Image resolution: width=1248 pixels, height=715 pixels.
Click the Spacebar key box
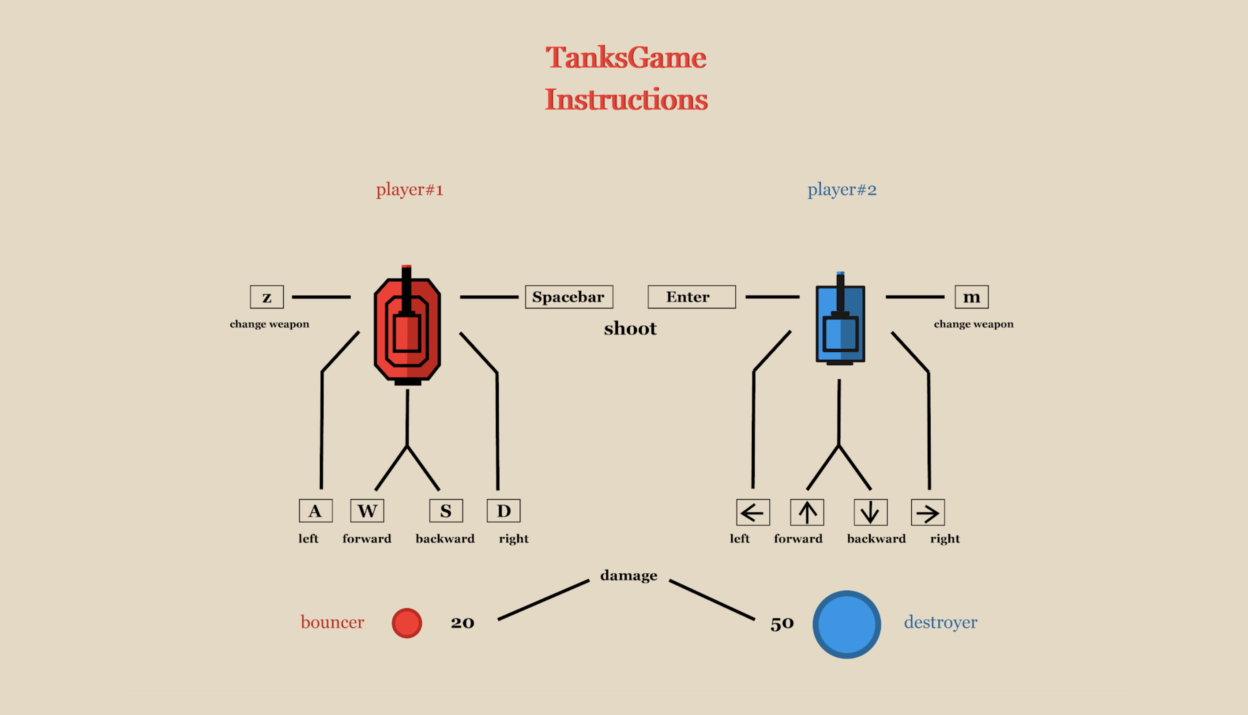[x=569, y=297]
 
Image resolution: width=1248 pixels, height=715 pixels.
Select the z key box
[x=267, y=297]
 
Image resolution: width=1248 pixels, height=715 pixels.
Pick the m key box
[x=971, y=297]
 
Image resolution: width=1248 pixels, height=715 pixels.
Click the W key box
[x=367, y=511]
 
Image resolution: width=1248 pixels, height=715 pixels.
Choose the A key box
[x=315, y=511]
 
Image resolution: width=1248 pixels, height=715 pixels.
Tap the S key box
[x=446, y=511]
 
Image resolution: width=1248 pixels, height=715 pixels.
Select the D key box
[x=503, y=511]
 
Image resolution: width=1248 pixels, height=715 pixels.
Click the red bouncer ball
[x=406, y=623]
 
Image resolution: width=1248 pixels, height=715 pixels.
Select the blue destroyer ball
[x=846, y=625]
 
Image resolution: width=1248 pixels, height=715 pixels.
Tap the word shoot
[x=630, y=328]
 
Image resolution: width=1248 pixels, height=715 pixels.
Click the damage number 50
[x=782, y=623]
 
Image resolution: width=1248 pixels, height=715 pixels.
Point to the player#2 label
[x=842, y=189]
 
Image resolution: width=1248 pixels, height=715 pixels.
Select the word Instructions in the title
[x=626, y=99]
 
